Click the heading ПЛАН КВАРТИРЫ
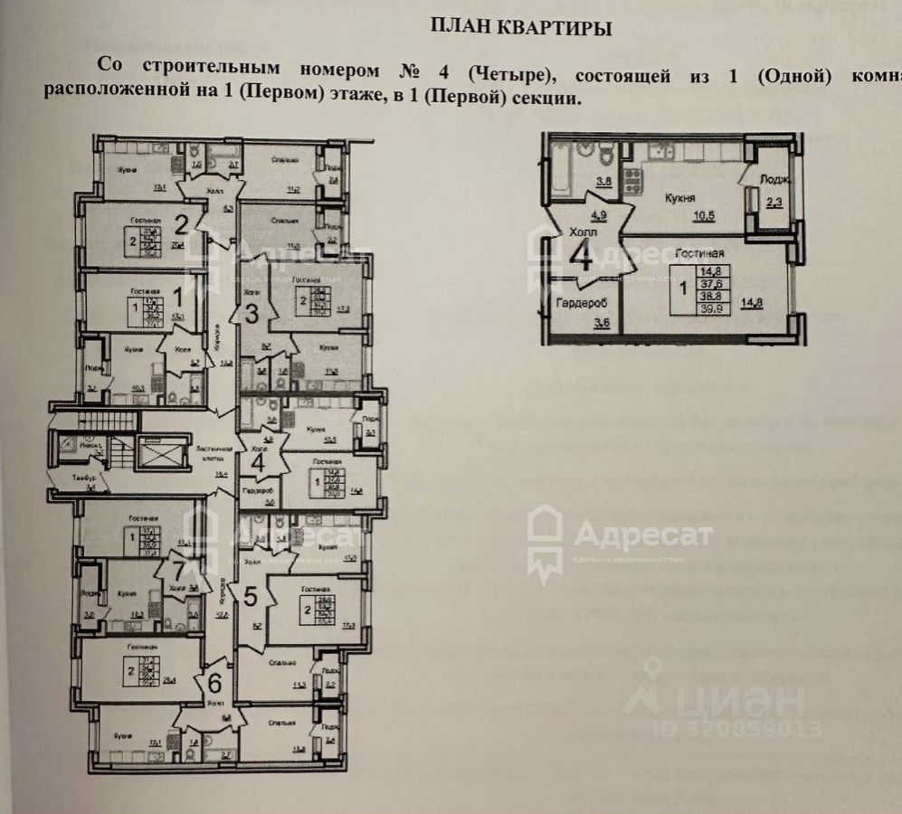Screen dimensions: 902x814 click(520, 28)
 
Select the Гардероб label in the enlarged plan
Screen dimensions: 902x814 click(581, 302)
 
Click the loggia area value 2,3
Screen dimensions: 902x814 click(774, 203)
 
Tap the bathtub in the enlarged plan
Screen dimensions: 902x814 click(557, 165)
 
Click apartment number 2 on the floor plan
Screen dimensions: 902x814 click(180, 223)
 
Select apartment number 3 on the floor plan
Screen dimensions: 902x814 click(253, 314)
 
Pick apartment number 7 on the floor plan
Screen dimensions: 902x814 click(180, 571)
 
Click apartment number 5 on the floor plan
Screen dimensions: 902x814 click(251, 596)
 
